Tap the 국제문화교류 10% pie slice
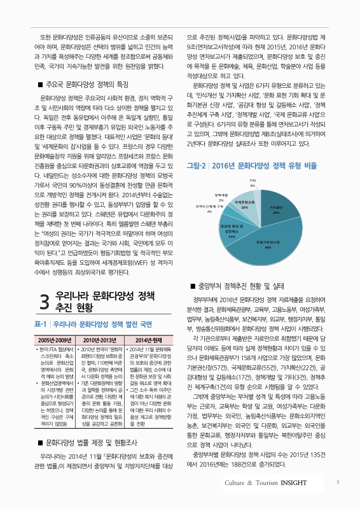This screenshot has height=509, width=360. click(x=245, y=205)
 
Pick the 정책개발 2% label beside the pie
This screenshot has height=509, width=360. click(x=221, y=197)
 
